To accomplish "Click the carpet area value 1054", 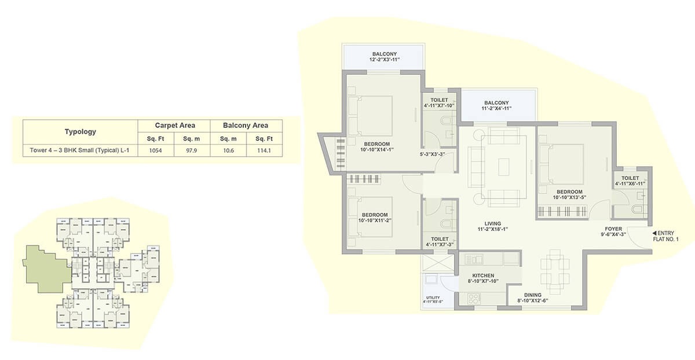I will [x=155, y=150].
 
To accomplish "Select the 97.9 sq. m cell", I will [x=191, y=150].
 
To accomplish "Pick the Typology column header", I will [x=80, y=132].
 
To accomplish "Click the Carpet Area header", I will [x=174, y=125].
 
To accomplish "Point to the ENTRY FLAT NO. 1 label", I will [x=668, y=236].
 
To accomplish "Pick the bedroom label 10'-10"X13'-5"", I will [x=569, y=194].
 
